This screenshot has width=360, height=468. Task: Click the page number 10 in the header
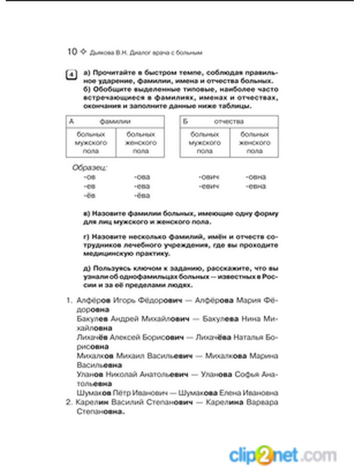[72, 52]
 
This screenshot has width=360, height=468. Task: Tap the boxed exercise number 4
[71, 75]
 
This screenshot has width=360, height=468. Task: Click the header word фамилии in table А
[115, 122]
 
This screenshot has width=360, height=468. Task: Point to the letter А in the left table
[71, 122]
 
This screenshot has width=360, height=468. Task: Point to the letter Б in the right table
[185, 122]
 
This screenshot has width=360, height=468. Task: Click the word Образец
[90, 168]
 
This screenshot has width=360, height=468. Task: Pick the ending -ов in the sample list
[90, 177]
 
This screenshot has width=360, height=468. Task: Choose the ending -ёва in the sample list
[142, 196]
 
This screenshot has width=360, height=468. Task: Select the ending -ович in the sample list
[209, 177]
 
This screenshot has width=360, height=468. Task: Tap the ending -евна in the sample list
[256, 186]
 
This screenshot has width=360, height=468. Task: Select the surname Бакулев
[92, 319]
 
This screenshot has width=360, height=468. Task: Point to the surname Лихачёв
[92, 338]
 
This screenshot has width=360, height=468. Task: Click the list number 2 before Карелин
[69, 402]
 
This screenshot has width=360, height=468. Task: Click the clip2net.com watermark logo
[283, 455]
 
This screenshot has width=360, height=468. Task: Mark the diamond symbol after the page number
[83, 52]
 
